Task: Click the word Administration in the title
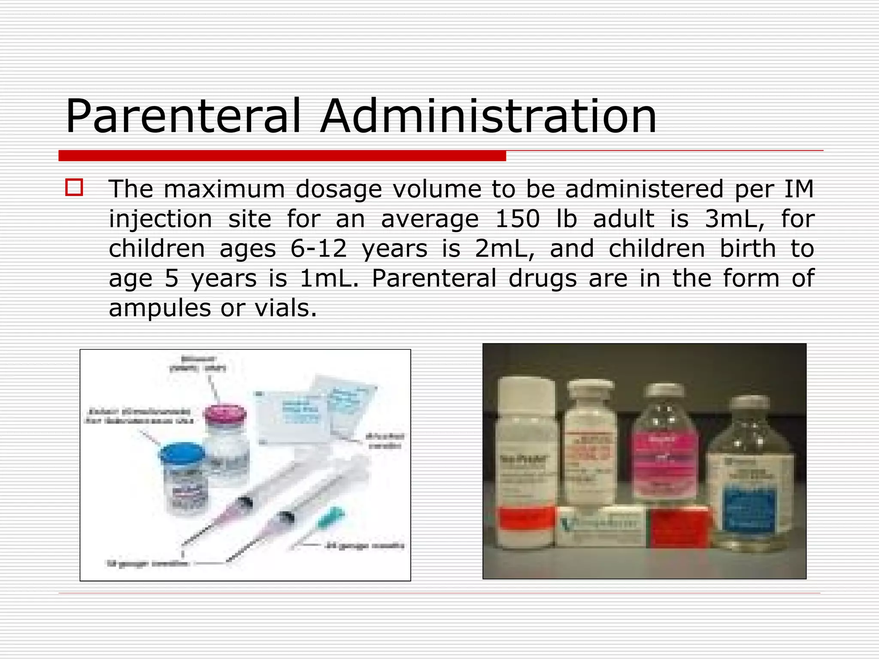[488, 117]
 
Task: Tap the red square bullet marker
[74, 187]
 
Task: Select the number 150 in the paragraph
[517, 219]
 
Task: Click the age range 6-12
[318, 248]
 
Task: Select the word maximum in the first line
[224, 189]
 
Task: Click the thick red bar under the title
[282, 155]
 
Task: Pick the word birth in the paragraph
[748, 248]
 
